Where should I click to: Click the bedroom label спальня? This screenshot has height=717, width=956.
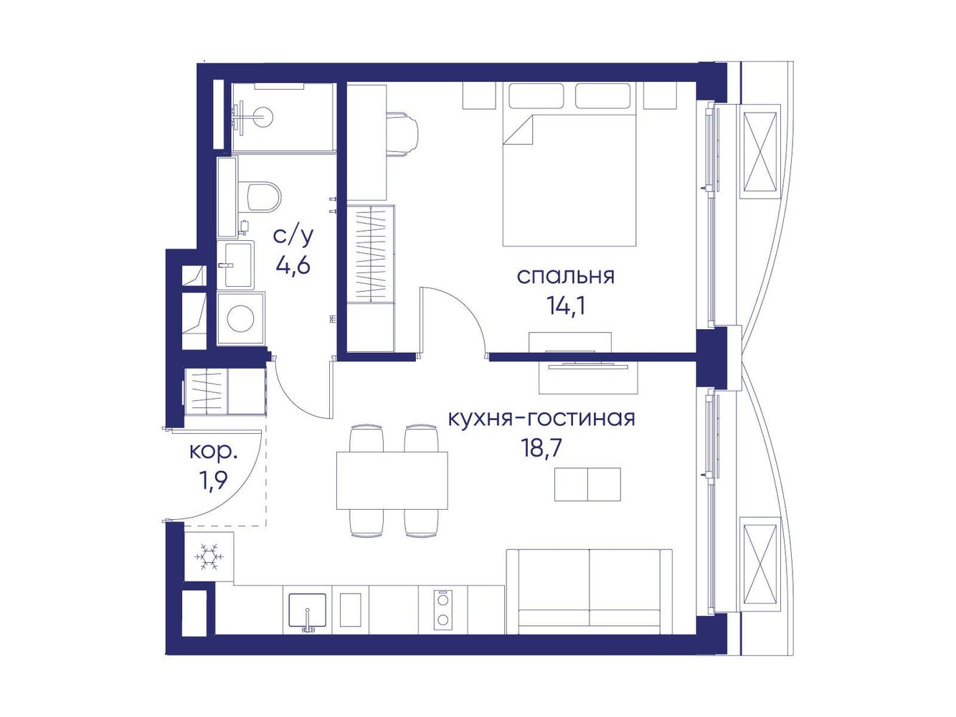point(565,277)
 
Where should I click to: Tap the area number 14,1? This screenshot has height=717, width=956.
point(566,306)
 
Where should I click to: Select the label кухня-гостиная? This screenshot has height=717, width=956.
point(541,418)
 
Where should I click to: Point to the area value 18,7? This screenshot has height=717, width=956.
point(540,448)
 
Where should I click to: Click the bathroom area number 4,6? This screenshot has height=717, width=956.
point(293,265)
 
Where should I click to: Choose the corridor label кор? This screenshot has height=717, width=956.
point(214,452)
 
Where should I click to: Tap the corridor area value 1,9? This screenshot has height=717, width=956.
point(214,482)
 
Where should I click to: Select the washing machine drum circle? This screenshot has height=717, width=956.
point(241,318)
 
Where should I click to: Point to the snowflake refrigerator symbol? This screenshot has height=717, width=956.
point(209,556)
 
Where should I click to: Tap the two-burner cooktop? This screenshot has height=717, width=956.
point(443,610)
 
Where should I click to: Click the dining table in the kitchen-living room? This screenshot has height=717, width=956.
point(392,480)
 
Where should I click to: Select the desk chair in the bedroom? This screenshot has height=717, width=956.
point(403,133)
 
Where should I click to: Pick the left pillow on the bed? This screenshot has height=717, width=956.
point(536,95)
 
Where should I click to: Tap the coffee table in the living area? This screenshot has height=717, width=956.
point(587,485)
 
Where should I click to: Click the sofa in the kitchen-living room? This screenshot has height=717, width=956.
point(590,592)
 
